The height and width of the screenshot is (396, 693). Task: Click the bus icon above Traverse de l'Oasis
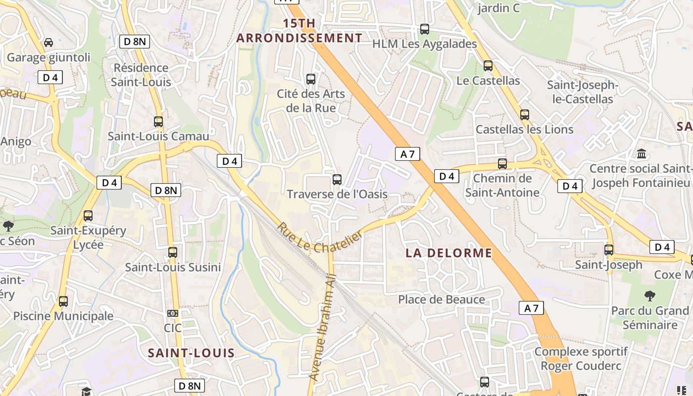click(337, 180)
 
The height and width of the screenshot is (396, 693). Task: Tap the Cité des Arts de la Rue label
click(311, 101)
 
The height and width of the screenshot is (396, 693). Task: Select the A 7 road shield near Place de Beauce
click(531, 308)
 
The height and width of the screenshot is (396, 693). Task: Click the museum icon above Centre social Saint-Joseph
click(642, 154)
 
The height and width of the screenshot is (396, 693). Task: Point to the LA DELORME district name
click(449, 253)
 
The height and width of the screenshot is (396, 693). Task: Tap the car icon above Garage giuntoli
click(49, 43)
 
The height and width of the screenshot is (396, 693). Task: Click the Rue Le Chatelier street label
click(319, 237)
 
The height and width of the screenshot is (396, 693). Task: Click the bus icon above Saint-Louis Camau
click(158, 122)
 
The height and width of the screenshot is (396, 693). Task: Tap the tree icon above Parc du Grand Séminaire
click(650, 296)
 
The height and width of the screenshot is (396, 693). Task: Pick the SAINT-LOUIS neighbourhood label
click(191, 353)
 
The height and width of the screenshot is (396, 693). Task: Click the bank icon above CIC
click(172, 313)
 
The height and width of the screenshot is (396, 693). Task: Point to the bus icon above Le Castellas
click(488, 66)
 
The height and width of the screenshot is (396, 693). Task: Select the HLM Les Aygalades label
click(424, 44)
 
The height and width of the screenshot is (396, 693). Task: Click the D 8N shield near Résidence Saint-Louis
click(135, 42)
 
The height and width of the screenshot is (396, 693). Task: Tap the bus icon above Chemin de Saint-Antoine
click(502, 164)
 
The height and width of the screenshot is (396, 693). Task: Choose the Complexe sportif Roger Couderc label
click(581, 359)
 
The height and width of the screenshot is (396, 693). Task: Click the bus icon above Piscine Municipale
click(63, 301)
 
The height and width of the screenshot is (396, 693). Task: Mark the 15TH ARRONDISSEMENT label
click(299, 31)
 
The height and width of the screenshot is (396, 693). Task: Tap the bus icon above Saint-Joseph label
click(609, 250)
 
